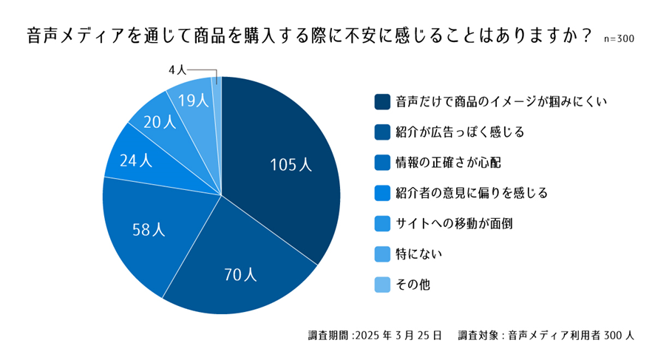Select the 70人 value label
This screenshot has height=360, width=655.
pos(240,275)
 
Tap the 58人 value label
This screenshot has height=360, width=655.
pos(148,229)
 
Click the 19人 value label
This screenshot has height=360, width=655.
pos(193,101)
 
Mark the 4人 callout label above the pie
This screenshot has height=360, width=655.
pos(177,69)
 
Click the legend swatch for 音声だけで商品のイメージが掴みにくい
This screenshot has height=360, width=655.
pos(382,101)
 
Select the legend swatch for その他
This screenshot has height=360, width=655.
pos(382,285)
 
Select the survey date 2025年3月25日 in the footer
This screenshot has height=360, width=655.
pos(398,334)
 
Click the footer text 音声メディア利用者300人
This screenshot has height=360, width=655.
pos(570,334)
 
